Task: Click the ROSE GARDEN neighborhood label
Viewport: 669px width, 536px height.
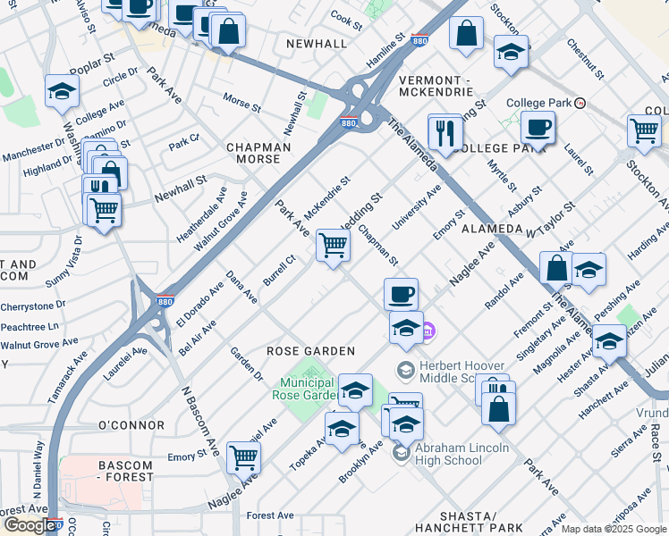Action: [311, 351]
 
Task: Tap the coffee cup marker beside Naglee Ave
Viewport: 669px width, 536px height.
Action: [401, 294]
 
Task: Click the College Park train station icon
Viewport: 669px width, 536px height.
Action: [580, 103]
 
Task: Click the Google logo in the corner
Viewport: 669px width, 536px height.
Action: [31, 525]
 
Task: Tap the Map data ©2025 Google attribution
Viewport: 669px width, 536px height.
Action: [614, 529]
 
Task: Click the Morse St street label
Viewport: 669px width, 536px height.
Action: [241, 102]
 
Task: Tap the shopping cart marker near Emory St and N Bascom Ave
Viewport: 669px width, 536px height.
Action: [243, 456]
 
